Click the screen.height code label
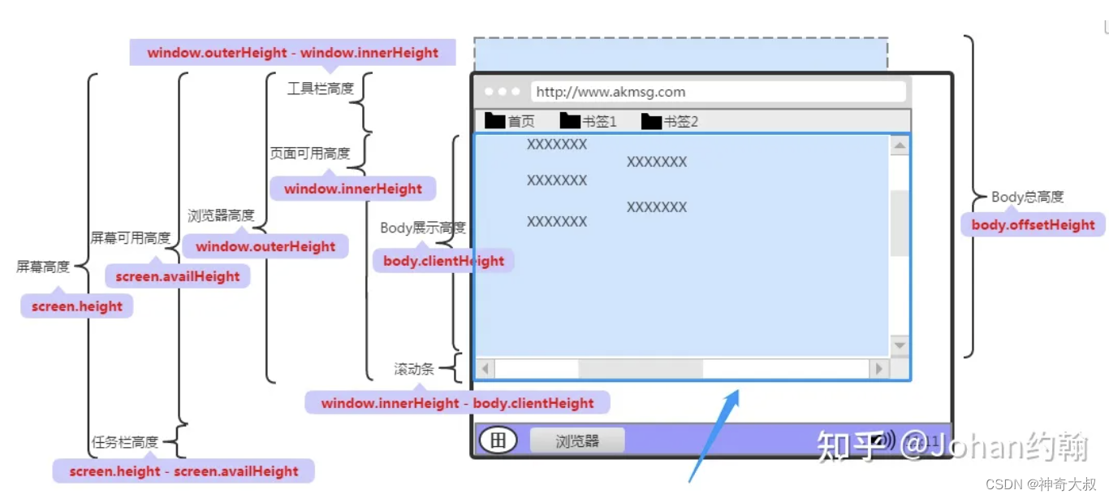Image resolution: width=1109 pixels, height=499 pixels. coord(77,306)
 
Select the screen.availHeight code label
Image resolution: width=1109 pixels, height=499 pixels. coord(178,276)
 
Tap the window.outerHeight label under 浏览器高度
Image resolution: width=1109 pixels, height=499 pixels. coord(265,246)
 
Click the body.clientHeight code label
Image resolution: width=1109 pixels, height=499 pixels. coord(443,261)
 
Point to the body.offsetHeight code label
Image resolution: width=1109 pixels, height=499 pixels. coord(1033,225)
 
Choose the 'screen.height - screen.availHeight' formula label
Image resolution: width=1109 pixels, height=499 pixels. coord(183,471)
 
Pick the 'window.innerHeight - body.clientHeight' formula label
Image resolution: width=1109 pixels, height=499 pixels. coord(457,403)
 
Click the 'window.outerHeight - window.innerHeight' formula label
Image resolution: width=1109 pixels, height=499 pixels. coord(292,53)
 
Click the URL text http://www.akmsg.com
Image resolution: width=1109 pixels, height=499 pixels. coord(611,92)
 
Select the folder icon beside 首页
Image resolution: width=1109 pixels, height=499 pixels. coord(495,121)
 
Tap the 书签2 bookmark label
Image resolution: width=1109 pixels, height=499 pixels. coord(680,122)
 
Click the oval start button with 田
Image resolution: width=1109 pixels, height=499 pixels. coord(498,440)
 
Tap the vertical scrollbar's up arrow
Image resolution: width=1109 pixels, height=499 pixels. coord(900,146)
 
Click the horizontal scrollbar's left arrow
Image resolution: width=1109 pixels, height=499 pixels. coord(485,369)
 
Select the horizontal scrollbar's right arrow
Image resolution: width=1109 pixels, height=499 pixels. coord(878,369)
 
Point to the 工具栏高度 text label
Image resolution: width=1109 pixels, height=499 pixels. coord(321,89)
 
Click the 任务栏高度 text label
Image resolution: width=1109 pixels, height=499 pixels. coord(124,442)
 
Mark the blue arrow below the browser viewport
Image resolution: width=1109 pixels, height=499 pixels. coord(714,435)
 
